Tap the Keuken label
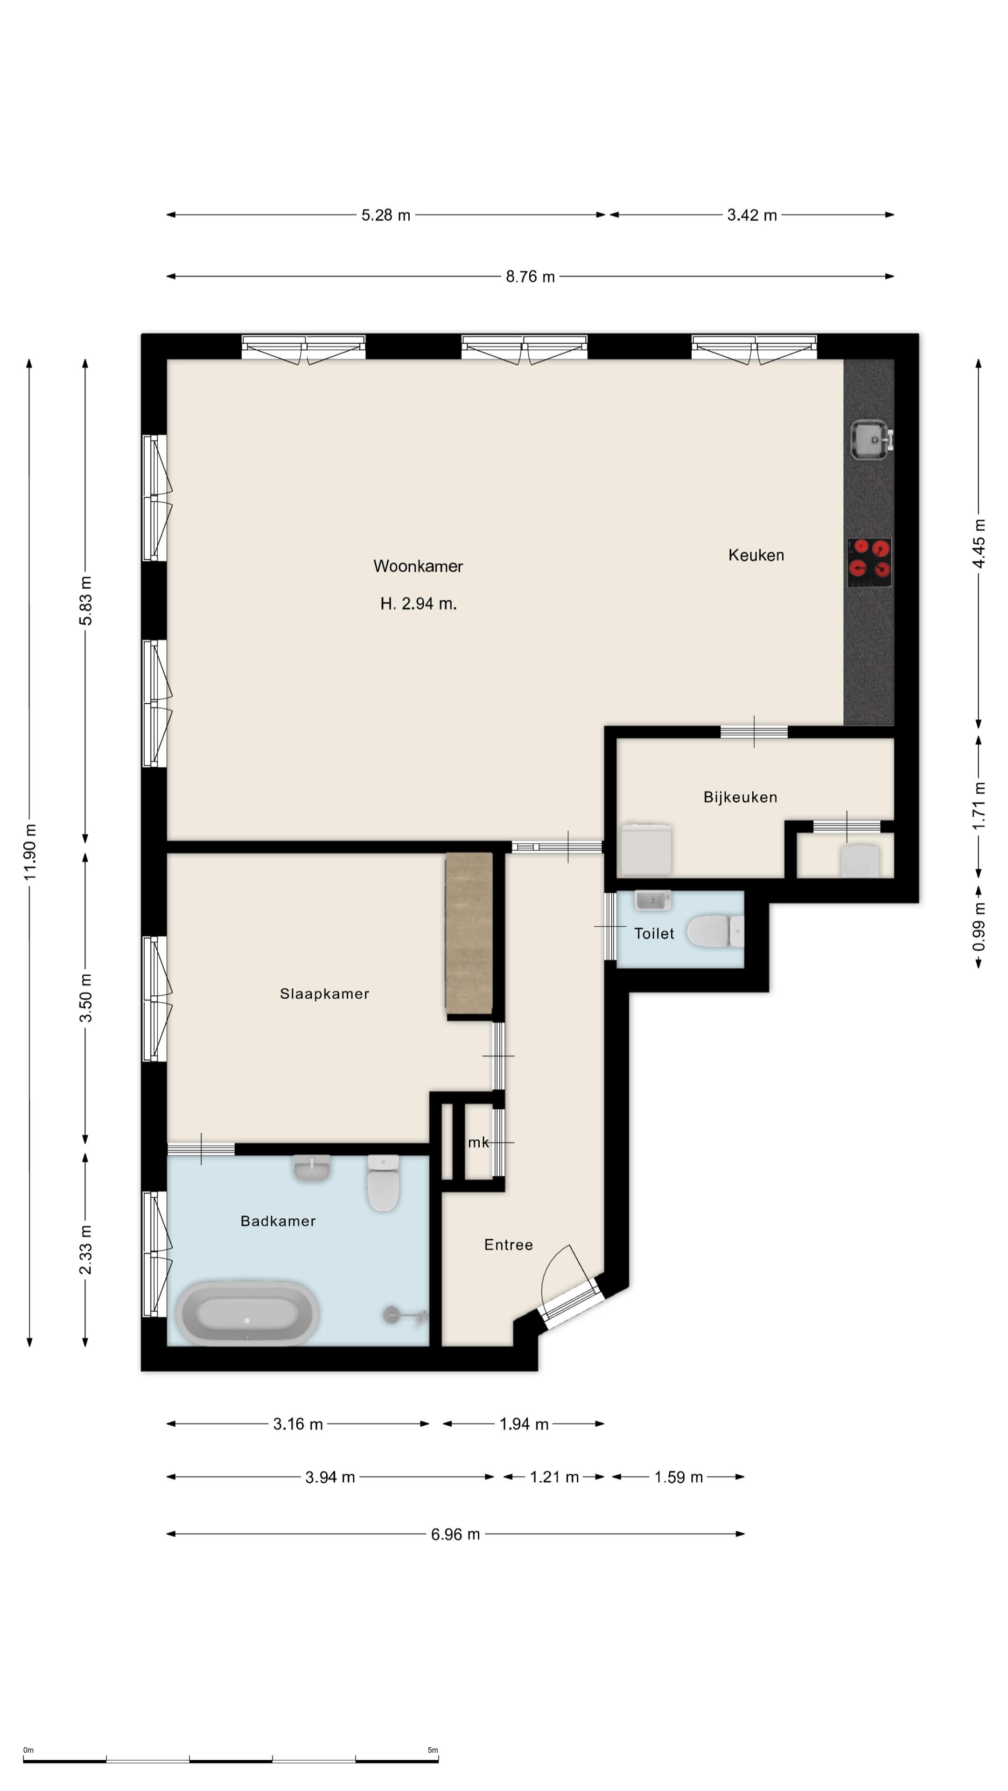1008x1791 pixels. (756, 555)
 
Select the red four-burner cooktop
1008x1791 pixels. (869, 562)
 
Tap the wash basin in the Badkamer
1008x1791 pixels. (312, 1167)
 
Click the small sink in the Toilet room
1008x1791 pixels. (652, 900)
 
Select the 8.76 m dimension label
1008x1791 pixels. (530, 277)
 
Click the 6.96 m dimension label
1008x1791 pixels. (455, 1534)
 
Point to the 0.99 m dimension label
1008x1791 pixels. (979, 927)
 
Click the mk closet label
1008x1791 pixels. (478, 1142)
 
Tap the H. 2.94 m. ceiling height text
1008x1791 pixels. (418, 604)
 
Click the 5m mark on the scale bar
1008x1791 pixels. (433, 1750)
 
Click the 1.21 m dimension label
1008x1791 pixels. (554, 1477)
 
